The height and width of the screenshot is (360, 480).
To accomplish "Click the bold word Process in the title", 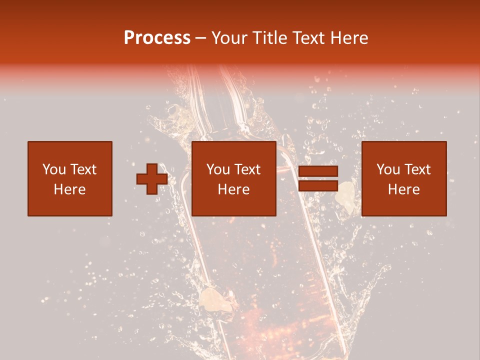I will (x=157, y=38).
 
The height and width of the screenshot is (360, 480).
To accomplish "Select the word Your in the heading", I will (x=229, y=38).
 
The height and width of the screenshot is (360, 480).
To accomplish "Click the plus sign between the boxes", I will (x=152, y=179).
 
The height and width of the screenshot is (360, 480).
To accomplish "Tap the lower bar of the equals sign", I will (x=318, y=186).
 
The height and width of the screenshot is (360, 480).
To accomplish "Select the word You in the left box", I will (x=53, y=169).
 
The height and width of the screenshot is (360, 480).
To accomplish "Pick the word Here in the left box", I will (x=69, y=189).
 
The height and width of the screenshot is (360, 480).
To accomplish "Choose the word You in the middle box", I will (x=218, y=169).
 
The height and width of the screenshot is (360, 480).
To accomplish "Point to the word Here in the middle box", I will (x=233, y=189).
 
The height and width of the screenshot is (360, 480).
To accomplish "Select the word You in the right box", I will (x=388, y=169).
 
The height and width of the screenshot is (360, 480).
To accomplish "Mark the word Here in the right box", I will (x=403, y=189).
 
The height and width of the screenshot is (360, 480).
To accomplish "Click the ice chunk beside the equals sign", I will (x=344, y=194).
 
